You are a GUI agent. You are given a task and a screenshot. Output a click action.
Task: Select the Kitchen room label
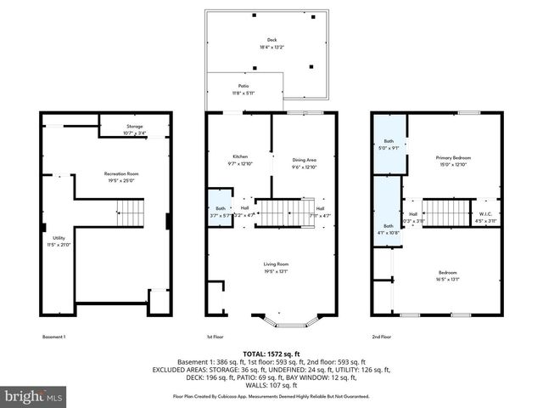coord(240,157)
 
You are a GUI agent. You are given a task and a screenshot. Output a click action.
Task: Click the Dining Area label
coord(305,160)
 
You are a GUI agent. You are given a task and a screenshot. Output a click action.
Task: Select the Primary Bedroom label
coord(453,158)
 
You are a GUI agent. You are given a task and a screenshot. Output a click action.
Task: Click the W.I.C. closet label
coord(486,213)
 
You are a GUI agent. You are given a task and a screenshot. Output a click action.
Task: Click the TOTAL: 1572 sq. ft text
coord(271,354)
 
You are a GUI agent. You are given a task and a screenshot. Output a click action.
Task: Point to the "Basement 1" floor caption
coord(54,337)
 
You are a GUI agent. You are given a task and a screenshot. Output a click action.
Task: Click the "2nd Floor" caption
coord(381,337)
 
